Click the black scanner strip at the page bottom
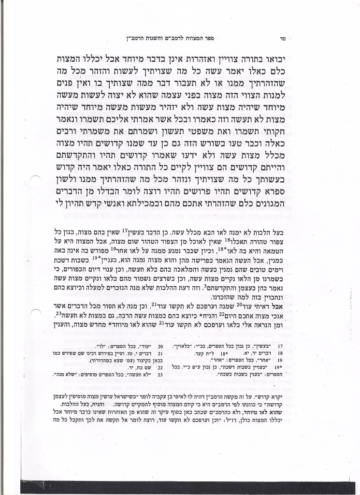188,487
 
